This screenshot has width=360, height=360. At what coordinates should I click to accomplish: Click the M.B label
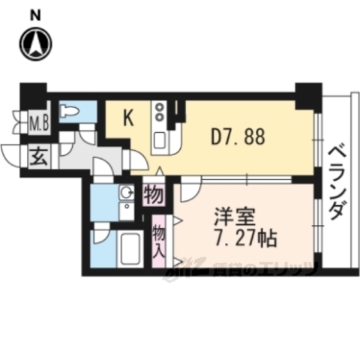click(39, 122)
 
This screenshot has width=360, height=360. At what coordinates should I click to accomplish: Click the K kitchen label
click(128, 118)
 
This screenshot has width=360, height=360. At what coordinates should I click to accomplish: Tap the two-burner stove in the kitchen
click(160, 113)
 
